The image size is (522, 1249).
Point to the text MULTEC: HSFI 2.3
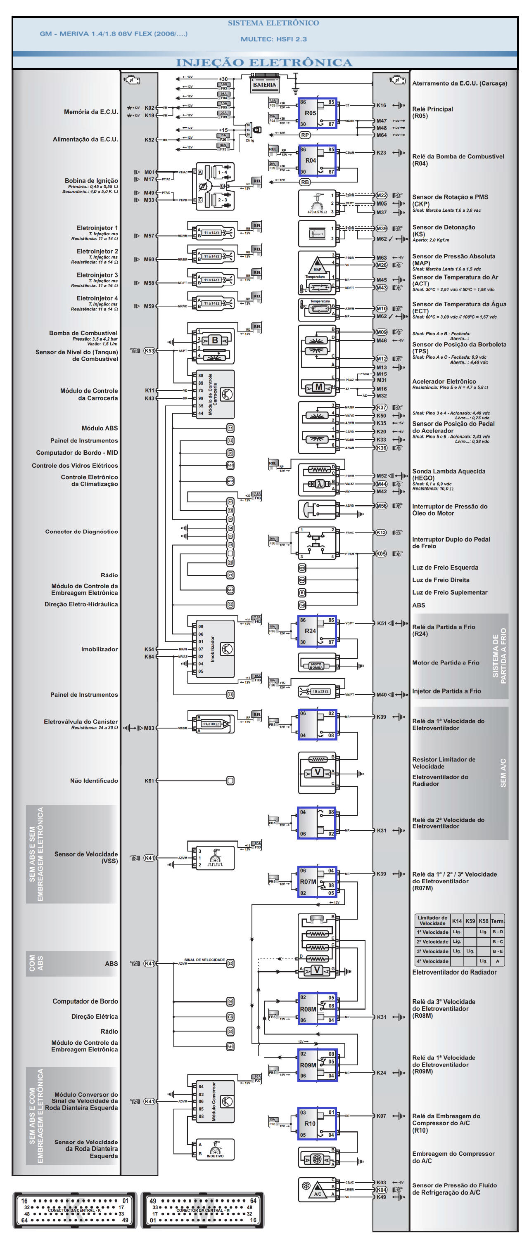274,39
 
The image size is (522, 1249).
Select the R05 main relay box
317,114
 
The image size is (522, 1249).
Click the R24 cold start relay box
317,631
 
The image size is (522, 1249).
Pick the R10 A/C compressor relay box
317,1124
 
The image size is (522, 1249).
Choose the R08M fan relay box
317,1009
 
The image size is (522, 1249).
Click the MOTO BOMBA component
316,666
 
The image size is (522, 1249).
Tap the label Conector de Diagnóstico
81,531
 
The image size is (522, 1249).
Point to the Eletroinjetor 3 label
97,275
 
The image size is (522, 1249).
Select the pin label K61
149,781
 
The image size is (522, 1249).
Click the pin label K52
149,140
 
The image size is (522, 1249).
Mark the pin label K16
381,105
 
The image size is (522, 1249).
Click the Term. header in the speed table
498,921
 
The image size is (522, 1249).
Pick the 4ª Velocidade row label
432,961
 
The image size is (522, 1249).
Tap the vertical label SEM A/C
503,773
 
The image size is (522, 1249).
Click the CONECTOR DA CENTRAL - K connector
74,1210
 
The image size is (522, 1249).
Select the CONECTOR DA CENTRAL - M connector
203,1210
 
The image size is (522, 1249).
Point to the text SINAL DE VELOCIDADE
204,960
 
